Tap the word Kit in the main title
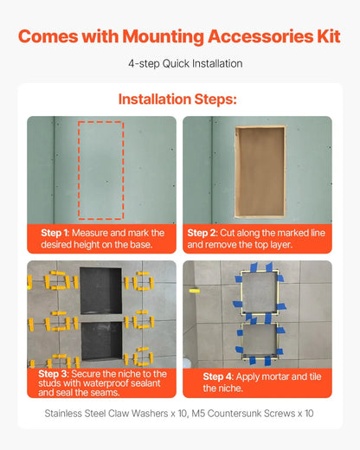(x=326, y=36)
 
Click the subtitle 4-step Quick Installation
(x=180, y=63)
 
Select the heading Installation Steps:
(x=180, y=98)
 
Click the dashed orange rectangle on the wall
(x=101, y=170)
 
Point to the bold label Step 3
(x=54, y=373)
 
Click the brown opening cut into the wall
(x=260, y=171)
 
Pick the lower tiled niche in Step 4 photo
(x=257, y=341)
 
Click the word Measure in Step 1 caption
(x=90, y=233)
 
